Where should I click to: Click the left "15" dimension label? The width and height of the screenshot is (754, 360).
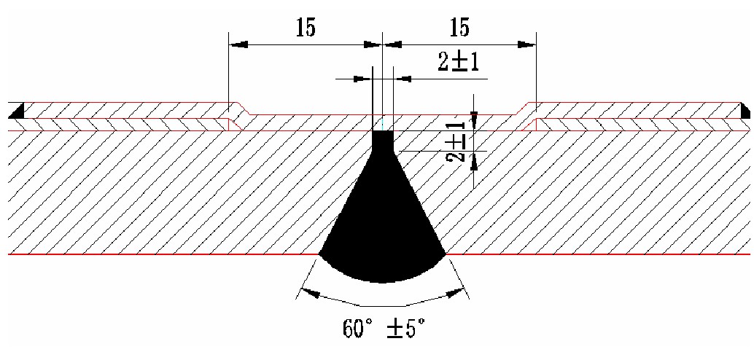306,29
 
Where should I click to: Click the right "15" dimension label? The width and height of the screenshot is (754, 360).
459,28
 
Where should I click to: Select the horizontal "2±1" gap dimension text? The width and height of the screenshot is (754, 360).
458,62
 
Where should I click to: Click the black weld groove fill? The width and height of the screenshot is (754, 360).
383,216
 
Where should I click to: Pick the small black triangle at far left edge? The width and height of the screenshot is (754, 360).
16,111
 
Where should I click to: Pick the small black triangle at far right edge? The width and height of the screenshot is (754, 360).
745,111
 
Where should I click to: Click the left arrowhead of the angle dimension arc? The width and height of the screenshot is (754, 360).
310,293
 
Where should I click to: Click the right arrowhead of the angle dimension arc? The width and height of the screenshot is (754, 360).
456,293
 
